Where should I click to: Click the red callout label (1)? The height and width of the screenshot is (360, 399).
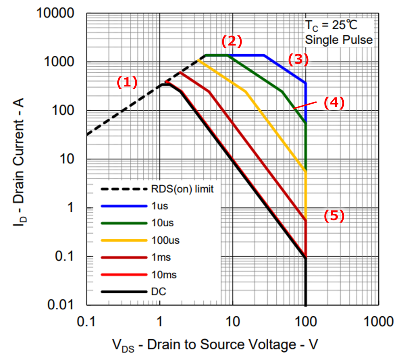coord(127,82)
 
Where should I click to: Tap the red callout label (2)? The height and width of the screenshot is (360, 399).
coord(232,41)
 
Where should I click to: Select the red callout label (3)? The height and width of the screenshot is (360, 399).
coord(298,59)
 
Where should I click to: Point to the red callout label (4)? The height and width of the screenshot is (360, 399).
coord(334,103)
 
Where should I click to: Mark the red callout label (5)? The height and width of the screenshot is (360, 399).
coord(334,216)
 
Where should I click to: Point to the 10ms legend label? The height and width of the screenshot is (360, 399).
coord(164,274)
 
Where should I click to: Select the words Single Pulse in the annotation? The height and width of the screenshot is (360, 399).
coord(338,39)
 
